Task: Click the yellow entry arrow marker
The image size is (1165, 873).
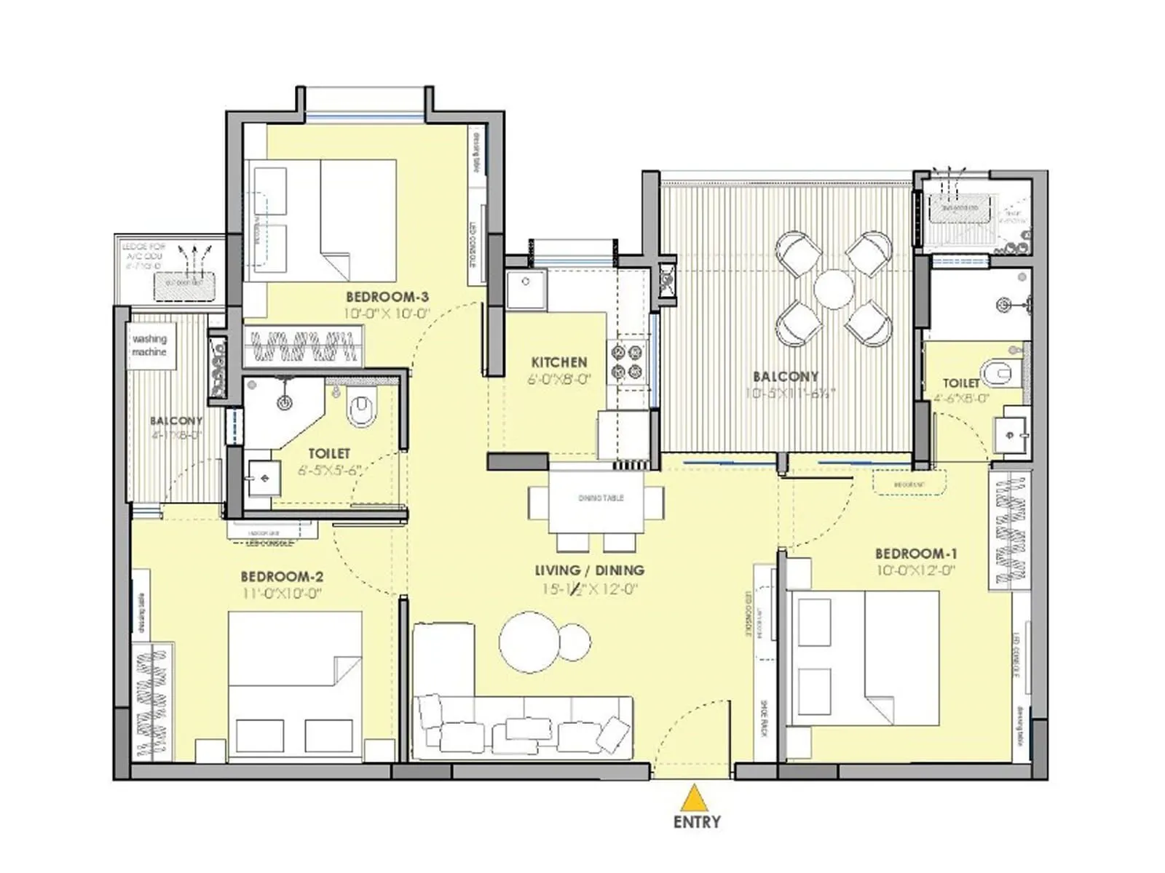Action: pos(696,798)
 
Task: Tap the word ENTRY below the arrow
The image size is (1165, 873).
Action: pos(697,822)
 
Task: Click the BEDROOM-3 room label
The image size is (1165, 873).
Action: pos(387,297)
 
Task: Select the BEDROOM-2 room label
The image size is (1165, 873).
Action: pos(282,577)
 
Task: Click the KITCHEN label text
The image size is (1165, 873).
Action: pos(558,362)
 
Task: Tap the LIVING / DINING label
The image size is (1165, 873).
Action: pos(589,570)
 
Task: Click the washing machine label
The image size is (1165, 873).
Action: pos(149,346)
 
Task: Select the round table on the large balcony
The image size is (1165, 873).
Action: pos(834,289)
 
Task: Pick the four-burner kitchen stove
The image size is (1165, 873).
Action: pos(628,362)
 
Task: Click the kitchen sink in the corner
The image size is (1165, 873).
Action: pos(526,290)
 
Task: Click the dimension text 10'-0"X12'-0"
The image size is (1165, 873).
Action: pos(915,571)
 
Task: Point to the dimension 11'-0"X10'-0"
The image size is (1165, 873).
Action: pos(282,594)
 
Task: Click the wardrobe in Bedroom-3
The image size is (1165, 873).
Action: pos(304,346)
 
